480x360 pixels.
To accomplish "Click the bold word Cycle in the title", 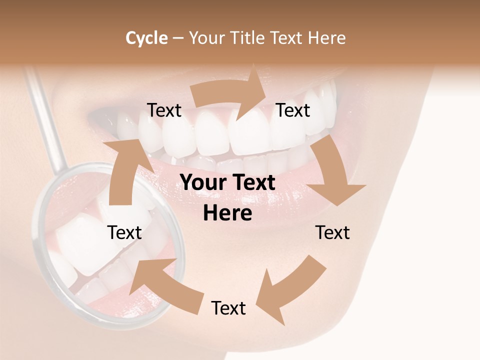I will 146,38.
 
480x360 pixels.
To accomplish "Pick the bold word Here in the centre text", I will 227,213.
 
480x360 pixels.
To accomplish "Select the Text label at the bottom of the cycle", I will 228,308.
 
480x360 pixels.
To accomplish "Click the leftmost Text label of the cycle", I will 124,232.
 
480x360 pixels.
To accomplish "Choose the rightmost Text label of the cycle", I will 332,232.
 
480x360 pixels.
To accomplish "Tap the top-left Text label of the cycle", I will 164,110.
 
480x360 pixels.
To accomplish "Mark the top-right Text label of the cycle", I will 293,110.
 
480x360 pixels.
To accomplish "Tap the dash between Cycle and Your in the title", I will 177,38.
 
